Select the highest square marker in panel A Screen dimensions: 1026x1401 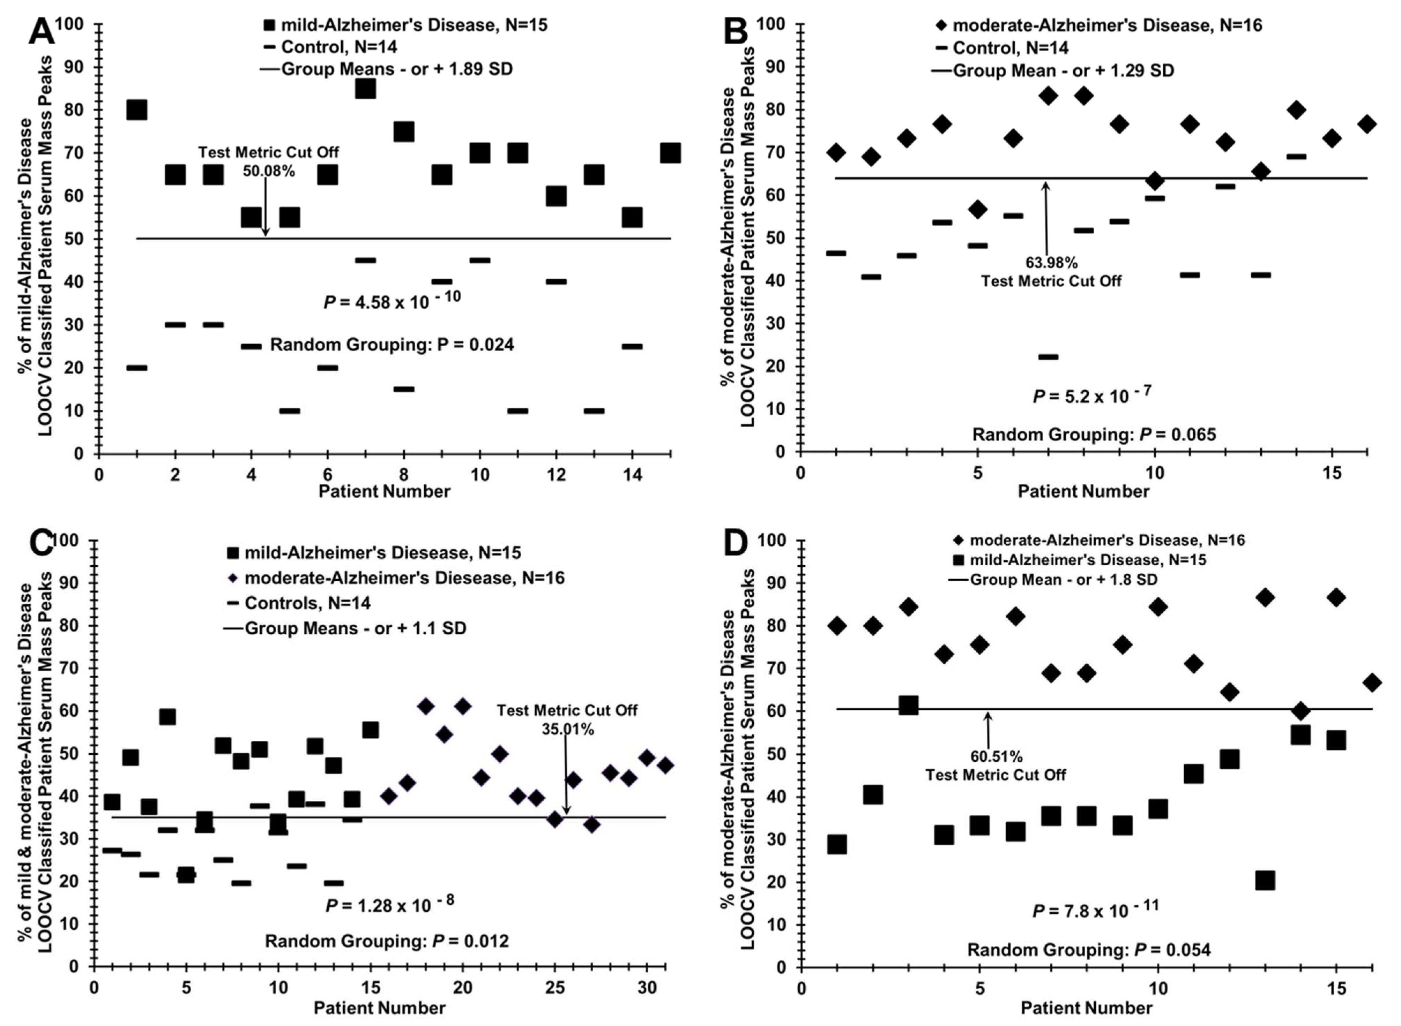[x=365, y=89]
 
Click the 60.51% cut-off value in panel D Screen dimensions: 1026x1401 [x=996, y=756]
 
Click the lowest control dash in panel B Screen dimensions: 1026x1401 [x=1048, y=356]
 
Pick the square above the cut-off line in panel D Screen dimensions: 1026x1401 [x=908, y=705]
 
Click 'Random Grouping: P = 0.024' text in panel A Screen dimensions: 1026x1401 [x=392, y=345]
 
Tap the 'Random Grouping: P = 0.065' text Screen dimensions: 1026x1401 [x=1094, y=434]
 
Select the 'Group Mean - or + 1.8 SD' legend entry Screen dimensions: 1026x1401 [x=1063, y=580]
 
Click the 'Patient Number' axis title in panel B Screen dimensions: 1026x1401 [x=1083, y=491]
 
